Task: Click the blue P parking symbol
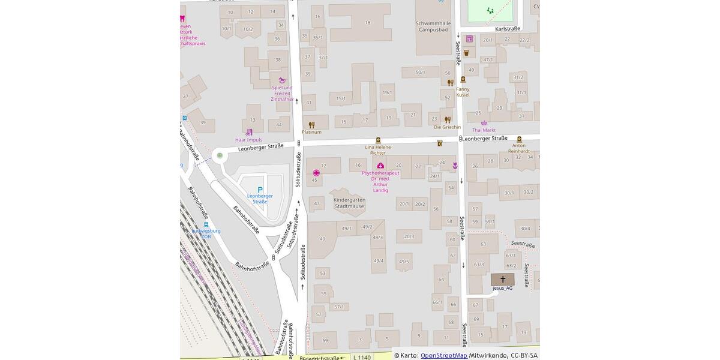(260, 190)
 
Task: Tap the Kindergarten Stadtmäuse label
(349, 203)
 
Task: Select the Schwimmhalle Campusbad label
(433, 26)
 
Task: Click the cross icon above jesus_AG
(502, 279)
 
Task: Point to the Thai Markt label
(484, 130)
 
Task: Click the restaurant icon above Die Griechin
(447, 119)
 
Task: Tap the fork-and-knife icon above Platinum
(311, 125)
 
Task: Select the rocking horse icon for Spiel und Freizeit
(281, 80)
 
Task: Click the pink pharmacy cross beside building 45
(316, 173)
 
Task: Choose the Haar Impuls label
(248, 140)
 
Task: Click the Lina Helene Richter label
(378, 149)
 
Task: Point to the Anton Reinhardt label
(519, 148)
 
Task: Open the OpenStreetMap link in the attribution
(443, 355)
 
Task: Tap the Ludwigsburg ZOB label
(206, 233)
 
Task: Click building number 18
(367, 23)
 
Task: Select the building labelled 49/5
(403, 262)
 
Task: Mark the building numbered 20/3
(409, 236)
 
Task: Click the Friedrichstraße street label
(319, 358)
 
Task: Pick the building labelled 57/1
(339, 307)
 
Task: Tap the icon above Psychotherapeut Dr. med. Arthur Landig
(380, 166)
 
